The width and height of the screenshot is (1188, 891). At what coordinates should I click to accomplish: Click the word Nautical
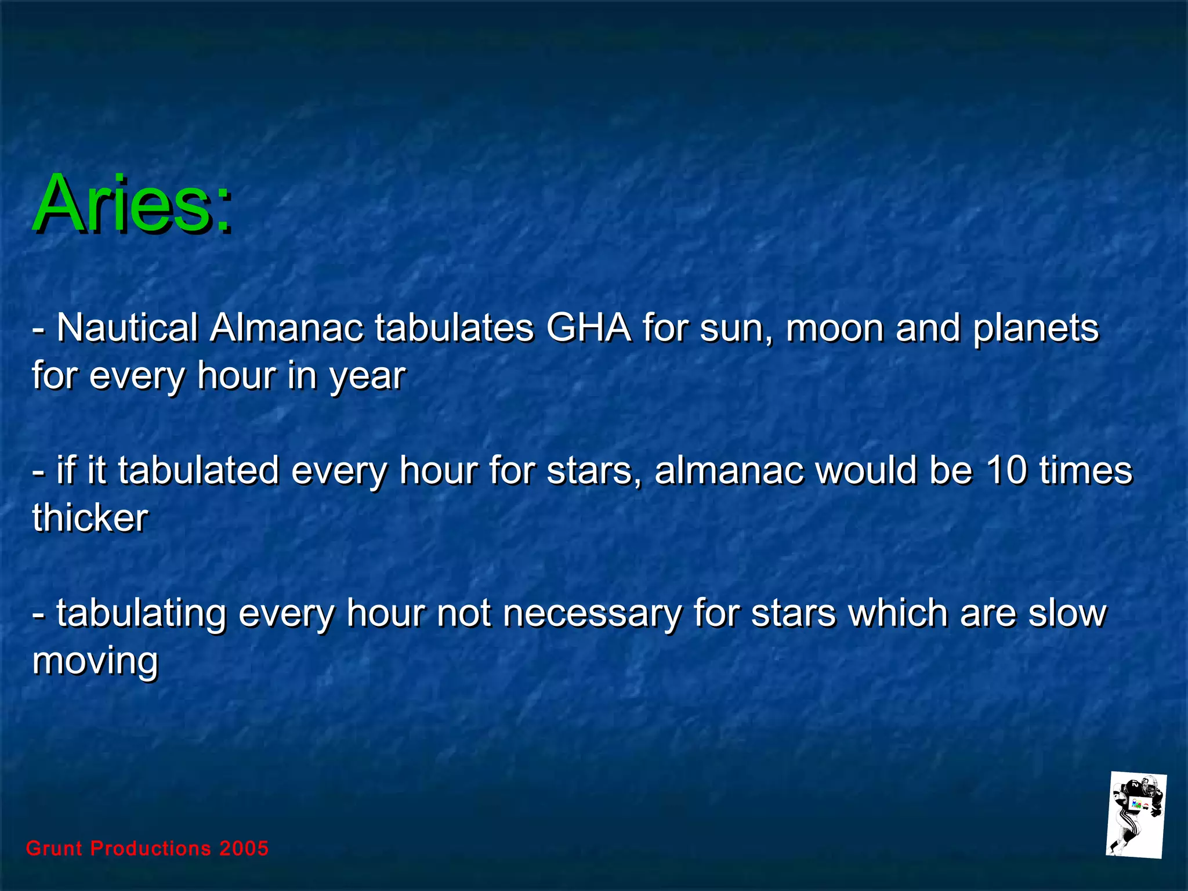128,328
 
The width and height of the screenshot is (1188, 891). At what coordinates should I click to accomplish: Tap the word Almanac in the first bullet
287,328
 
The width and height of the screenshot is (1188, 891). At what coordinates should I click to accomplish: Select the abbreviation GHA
588,328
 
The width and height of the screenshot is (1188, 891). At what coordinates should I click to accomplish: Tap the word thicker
90,517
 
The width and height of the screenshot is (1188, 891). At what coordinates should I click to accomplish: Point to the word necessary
592,614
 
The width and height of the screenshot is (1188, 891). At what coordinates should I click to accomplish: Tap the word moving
95,661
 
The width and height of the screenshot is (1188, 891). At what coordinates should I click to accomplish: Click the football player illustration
1136,816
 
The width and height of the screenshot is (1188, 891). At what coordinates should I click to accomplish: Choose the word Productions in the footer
151,849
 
